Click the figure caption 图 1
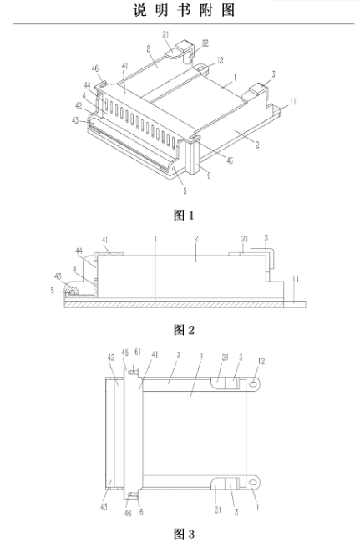point(184,215)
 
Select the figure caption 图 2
point(184,330)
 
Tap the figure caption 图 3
point(184,534)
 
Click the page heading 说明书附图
point(184,10)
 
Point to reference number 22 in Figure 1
point(205,43)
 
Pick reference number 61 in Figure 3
point(138,352)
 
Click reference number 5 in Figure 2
point(53,291)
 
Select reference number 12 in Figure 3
point(261,361)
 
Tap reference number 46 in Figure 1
point(95,68)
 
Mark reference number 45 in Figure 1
point(230,160)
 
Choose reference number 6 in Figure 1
point(209,175)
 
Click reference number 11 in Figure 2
point(296,278)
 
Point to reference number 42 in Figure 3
point(111,357)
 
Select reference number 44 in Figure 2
point(79,251)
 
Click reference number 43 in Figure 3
point(104,506)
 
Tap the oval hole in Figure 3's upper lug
point(253,384)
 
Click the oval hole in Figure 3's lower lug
point(253,483)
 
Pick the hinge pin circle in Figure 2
point(72,292)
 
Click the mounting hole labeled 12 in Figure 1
point(201,67)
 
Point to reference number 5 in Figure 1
point(185,190)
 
